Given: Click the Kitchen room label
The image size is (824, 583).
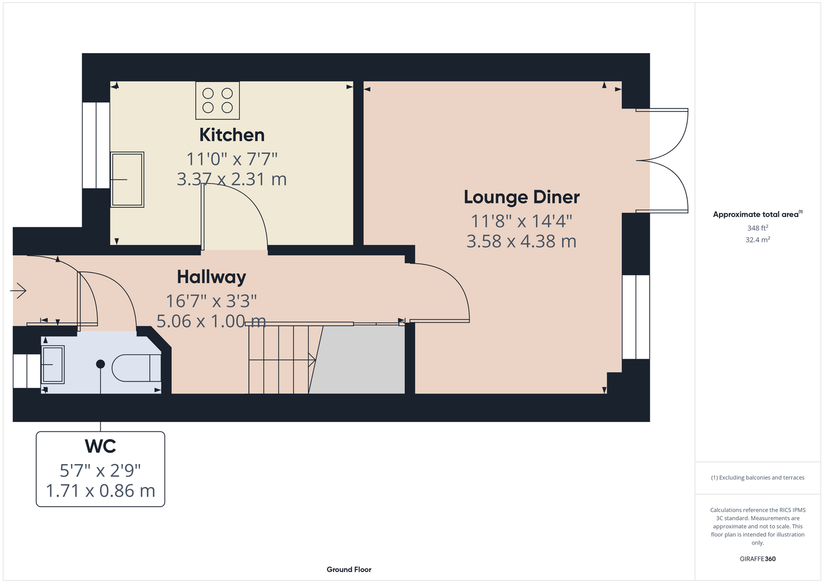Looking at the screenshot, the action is pos(232,135).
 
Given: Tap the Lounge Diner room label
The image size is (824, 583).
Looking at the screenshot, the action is pos(521,197).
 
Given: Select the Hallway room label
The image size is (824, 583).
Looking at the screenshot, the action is pos(212,277).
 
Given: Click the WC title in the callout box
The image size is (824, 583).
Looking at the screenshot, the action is pos(100,446).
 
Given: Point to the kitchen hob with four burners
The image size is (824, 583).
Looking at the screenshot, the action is pos(218,100).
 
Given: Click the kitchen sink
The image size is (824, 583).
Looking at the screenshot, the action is pos(127,180).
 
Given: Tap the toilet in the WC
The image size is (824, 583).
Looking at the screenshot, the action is pos(136,368).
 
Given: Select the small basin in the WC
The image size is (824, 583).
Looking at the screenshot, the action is pos(53,364).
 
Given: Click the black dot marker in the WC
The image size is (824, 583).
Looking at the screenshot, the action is pos(100,364).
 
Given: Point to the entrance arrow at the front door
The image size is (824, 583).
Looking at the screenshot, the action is pos(18,291).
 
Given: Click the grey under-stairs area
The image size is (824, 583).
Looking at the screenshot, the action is pos(357,360).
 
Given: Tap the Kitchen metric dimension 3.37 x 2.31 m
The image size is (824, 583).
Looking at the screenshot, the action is pos(232,180).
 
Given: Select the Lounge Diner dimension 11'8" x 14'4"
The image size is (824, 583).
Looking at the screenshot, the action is pos(521,222).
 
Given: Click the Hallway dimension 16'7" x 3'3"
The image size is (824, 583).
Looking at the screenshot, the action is pos(212,301).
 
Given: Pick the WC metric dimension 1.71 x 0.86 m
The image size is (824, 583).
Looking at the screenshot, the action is pos(100,491).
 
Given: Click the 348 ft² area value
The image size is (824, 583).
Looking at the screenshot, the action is pos(758,228).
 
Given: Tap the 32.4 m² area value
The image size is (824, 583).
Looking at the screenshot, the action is pos(758,240).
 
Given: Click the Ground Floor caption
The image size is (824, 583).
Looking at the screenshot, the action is pos(349,570).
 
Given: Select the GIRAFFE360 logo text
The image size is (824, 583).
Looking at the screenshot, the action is pos(758,559).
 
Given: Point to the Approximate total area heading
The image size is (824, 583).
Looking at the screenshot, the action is pos(758,215).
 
